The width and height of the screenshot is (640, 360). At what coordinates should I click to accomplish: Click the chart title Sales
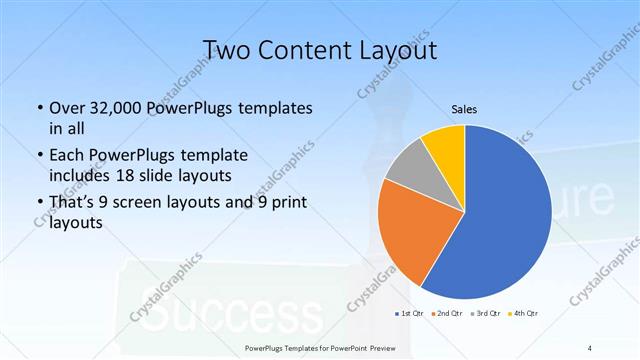(464, 109)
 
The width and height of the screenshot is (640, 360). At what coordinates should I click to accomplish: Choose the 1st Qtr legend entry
(410, 314)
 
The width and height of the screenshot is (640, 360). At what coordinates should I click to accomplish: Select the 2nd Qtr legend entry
(448, 314)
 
